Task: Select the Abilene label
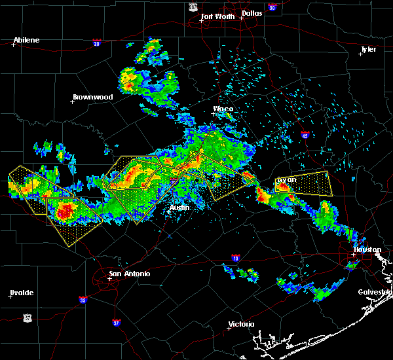coord(26,40)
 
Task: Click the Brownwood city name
coord(92,97)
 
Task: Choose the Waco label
coord(223,109)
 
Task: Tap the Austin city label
coord(179,207)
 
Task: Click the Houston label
coord(367,249)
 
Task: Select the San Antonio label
coord(129,274)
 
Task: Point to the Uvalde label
coord(21,293)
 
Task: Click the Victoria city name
coord(241,325)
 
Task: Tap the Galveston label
coord(375,292)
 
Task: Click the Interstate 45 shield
coord(305,135)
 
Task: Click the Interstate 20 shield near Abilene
coord(96,43)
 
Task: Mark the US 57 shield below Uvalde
coord(27,317)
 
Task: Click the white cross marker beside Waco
coord(213,113)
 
